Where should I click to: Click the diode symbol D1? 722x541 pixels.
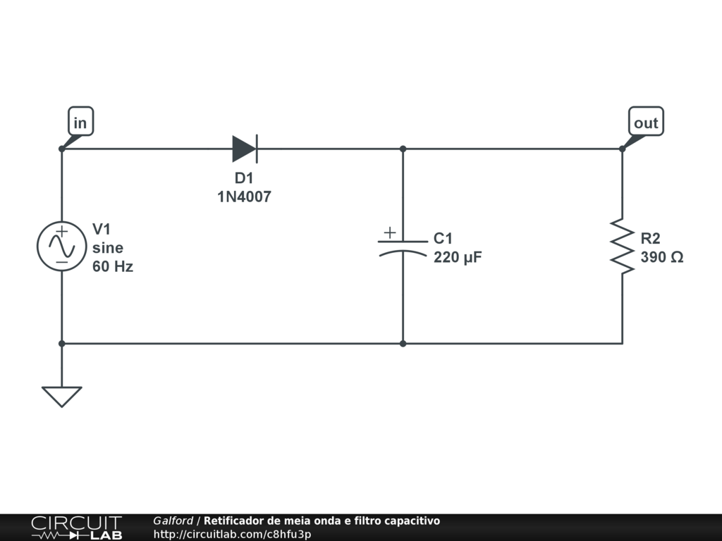[x=245, y=149]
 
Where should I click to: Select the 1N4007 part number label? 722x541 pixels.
[x=244, y=198]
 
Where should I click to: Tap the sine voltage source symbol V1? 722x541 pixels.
[x=61, y=246]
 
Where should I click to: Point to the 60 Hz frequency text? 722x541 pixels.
[x=113, y=267]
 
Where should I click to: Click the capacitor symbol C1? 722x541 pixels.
[x=403, y=246]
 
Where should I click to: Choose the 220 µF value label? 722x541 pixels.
[x=458, y=257]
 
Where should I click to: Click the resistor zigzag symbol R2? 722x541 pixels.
[x=622, y=246]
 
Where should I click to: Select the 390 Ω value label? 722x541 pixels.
[x=661, y=257]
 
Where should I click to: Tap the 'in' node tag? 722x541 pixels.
[x=80, y=123]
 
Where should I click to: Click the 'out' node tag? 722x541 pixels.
[x=645, y=123]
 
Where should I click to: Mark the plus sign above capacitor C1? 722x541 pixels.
[x=389, y=232]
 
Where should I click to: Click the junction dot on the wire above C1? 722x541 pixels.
[x=403, y=149]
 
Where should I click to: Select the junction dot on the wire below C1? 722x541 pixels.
[x=403, y=344]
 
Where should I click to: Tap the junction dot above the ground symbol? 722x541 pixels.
[x=61, y=344]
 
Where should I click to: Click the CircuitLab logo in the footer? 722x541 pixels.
[x=76, y=528]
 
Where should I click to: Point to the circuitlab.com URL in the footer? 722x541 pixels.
[x=232, y=534]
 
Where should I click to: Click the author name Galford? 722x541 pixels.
[x=173, y=521]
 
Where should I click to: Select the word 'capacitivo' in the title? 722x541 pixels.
[x=412, y=521]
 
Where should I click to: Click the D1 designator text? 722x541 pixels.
[x=244, y=179]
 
